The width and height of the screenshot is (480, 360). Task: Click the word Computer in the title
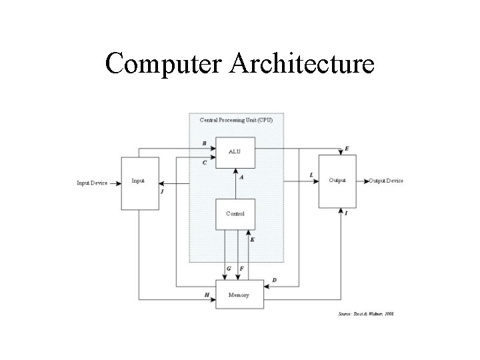coord(166,64)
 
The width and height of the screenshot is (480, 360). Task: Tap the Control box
coord(235,214)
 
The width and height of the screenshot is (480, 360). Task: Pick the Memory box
coord(239,294)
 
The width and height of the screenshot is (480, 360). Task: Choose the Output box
coord(337,181)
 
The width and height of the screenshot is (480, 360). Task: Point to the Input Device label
coord(92,182)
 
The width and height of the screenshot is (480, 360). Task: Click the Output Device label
coord(386,181)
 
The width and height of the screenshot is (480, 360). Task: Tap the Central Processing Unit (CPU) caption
coord(236,120)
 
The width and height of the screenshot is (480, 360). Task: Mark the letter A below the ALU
coord(241,177)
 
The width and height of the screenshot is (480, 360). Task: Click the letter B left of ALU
coord(204,143)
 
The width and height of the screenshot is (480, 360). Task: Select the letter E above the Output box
coord(346,149)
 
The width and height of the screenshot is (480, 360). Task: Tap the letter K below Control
coord(252,239)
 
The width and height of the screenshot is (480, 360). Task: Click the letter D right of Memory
coord(274,281)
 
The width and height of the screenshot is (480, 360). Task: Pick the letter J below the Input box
coord(162,191)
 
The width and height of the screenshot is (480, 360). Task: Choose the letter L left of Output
coord(311,175)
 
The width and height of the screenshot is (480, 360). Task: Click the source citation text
coord(366,313)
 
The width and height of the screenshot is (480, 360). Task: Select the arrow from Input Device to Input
coord(114,182)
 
